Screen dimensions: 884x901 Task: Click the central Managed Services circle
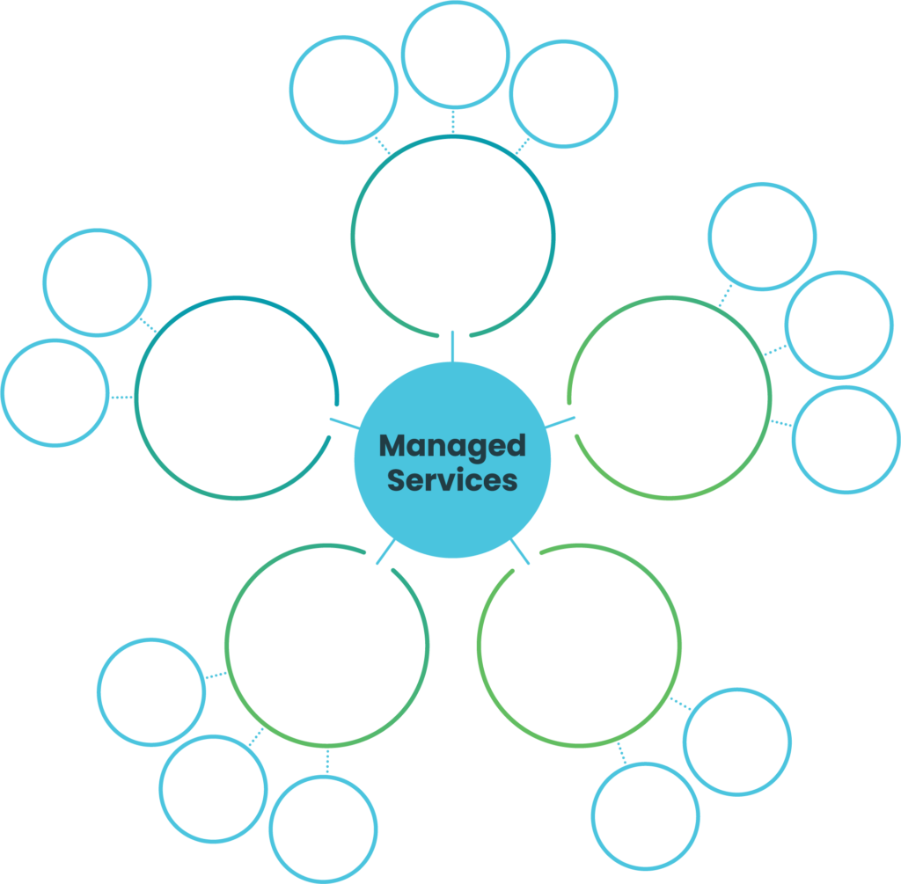[x=452, y=462]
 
